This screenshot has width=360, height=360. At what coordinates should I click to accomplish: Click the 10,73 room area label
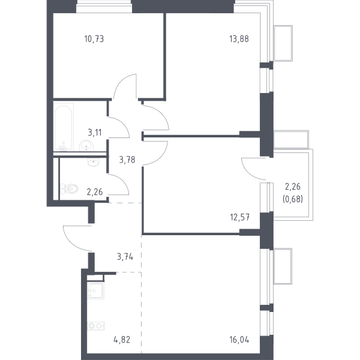[x=94, y=39]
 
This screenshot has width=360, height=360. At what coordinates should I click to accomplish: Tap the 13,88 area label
[x=239, y=39]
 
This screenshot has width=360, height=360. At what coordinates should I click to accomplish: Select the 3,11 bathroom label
[x=95, y=133]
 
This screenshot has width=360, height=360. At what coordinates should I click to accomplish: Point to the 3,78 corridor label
[x=127, y=160]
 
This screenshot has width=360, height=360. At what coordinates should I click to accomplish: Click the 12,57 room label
[x=239, y=217]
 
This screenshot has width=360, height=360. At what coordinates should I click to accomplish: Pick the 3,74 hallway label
[x=125, y=257]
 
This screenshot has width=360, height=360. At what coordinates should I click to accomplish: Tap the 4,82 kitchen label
[x=122, y=340]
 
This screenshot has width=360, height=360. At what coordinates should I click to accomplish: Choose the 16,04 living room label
[x=239, y=340]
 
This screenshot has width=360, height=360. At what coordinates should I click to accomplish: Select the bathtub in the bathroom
[x=64, y=127]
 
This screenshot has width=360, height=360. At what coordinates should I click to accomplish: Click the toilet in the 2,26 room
[x=69, y=189]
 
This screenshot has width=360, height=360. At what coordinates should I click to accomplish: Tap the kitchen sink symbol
[x=96, y=290]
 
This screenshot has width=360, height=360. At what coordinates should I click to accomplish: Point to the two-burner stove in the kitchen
[x=96, y=326]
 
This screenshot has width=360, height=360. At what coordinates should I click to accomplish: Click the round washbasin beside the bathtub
[x=86, y=146]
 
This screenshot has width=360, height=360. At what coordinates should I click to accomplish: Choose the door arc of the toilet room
[x=124, y=181]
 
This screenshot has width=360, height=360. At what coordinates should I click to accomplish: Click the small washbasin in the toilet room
[x=94, y=162]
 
